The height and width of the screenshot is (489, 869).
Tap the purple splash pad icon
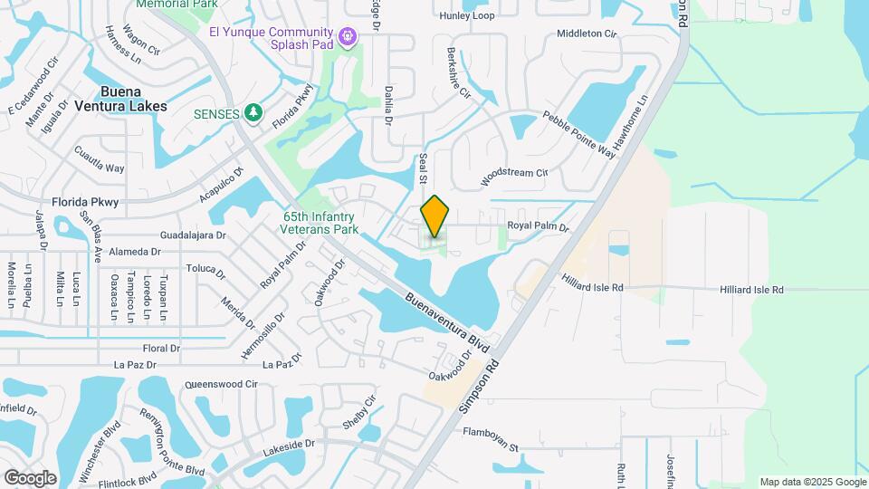[348, 36]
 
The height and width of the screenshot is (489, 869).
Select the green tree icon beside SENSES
[254, 113]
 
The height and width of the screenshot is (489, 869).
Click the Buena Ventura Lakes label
[133, 99]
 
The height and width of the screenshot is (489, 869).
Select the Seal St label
[422, 168]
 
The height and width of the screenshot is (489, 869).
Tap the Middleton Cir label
[586, 34]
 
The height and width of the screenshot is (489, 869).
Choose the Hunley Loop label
[466, 16]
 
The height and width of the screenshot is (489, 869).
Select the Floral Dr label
[162, 348]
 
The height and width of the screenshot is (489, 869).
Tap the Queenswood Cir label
[221, 384]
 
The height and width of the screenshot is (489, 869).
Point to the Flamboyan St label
[489, 447]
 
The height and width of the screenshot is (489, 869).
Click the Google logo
[30, 477]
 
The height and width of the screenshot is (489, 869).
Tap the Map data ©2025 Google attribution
[812, 482]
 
